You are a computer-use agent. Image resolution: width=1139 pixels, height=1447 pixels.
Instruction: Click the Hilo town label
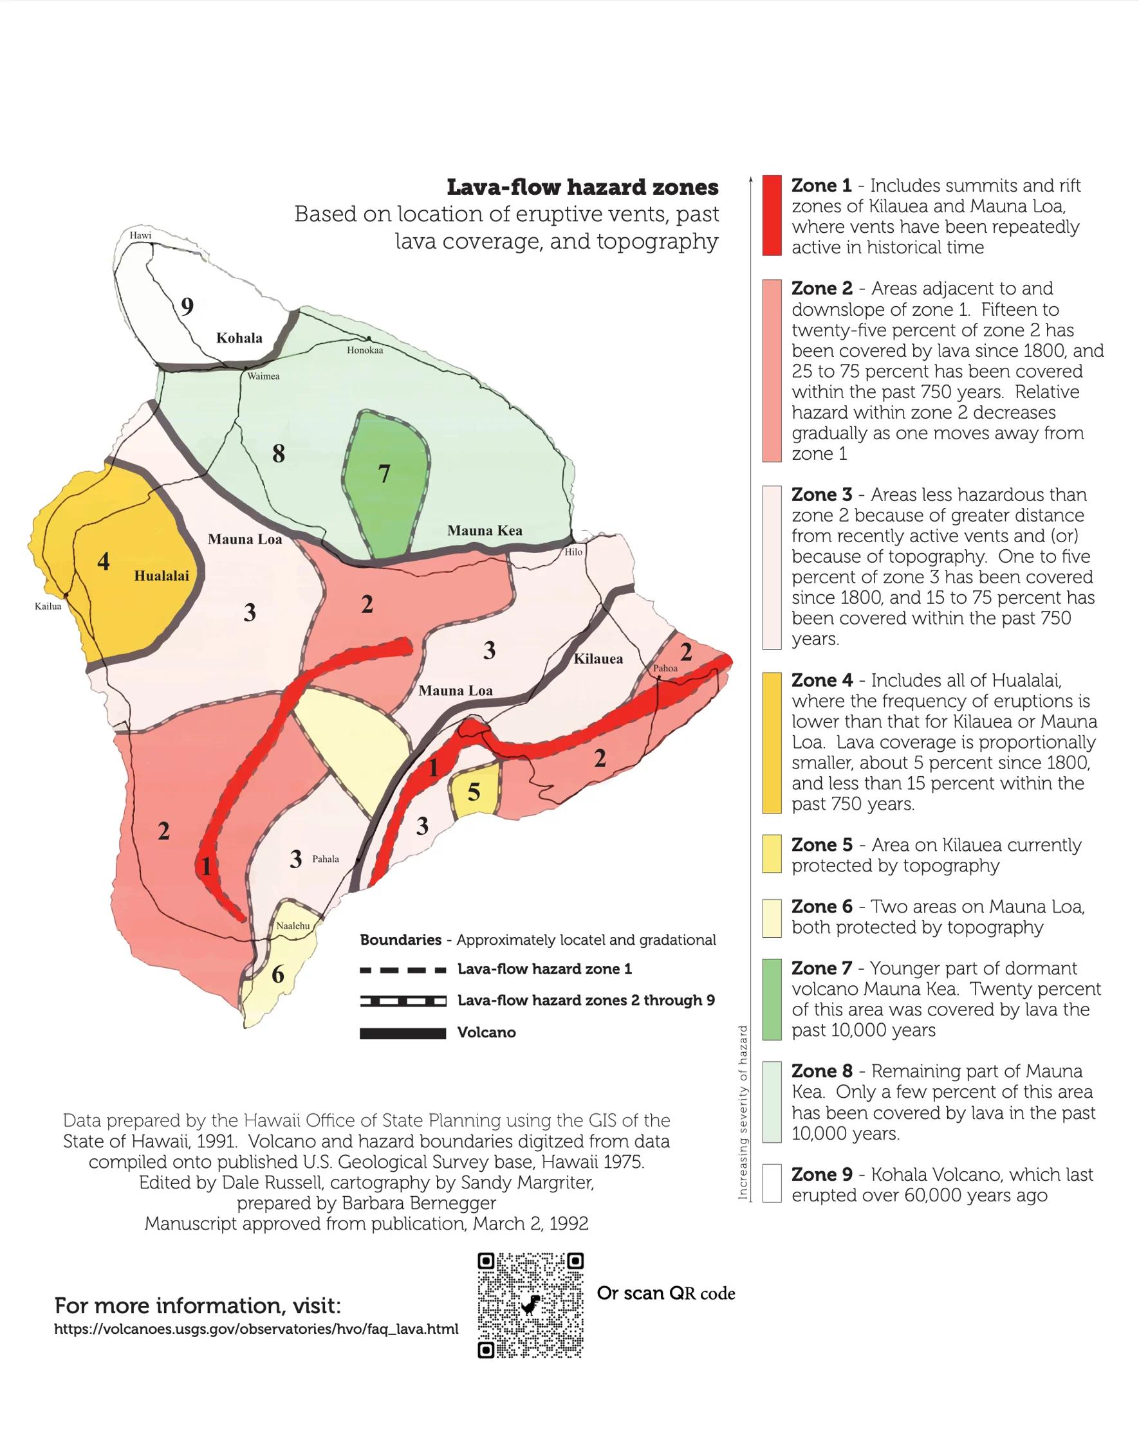tap(573, 552)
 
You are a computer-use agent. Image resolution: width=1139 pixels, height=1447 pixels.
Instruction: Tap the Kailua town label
tap(48, 606)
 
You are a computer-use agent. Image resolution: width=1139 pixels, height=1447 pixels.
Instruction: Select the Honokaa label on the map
tap(365, 350)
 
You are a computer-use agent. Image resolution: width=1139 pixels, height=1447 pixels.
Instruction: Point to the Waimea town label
tap(263, 377)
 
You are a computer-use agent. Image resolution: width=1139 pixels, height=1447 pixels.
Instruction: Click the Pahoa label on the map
tap(665, 668)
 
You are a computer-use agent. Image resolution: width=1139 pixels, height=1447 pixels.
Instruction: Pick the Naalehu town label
tap(293, 927)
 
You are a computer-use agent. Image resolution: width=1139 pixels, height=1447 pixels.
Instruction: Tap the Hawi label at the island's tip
tap(141, 235)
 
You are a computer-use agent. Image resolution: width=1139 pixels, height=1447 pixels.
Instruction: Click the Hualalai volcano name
tap(162, 576)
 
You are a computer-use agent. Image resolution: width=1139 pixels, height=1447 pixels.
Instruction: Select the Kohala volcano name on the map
tap(239, 338)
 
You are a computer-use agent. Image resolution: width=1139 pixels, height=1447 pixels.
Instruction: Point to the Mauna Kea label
tap(485, 531)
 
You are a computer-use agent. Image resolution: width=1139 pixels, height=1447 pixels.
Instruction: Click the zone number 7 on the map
tap(384, 475)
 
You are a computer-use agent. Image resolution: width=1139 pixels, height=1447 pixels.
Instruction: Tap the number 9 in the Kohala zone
tap(187, 307)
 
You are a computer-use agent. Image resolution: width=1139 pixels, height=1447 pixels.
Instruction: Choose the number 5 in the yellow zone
tap(474, 792)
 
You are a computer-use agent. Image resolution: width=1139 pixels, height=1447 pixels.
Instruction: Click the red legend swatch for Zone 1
tap(772, 215)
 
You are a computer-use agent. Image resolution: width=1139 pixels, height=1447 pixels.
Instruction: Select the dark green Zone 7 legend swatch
tap(772, 999)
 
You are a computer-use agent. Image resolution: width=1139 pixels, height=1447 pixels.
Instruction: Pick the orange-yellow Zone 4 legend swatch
tap(772, 743)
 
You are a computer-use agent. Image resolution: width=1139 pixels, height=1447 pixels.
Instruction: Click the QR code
tap(531, 1306)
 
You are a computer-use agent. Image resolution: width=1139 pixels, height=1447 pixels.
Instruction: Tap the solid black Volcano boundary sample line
tap(403, 1033)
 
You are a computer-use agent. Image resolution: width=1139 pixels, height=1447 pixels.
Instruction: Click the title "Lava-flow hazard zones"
tap(582, 188)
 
